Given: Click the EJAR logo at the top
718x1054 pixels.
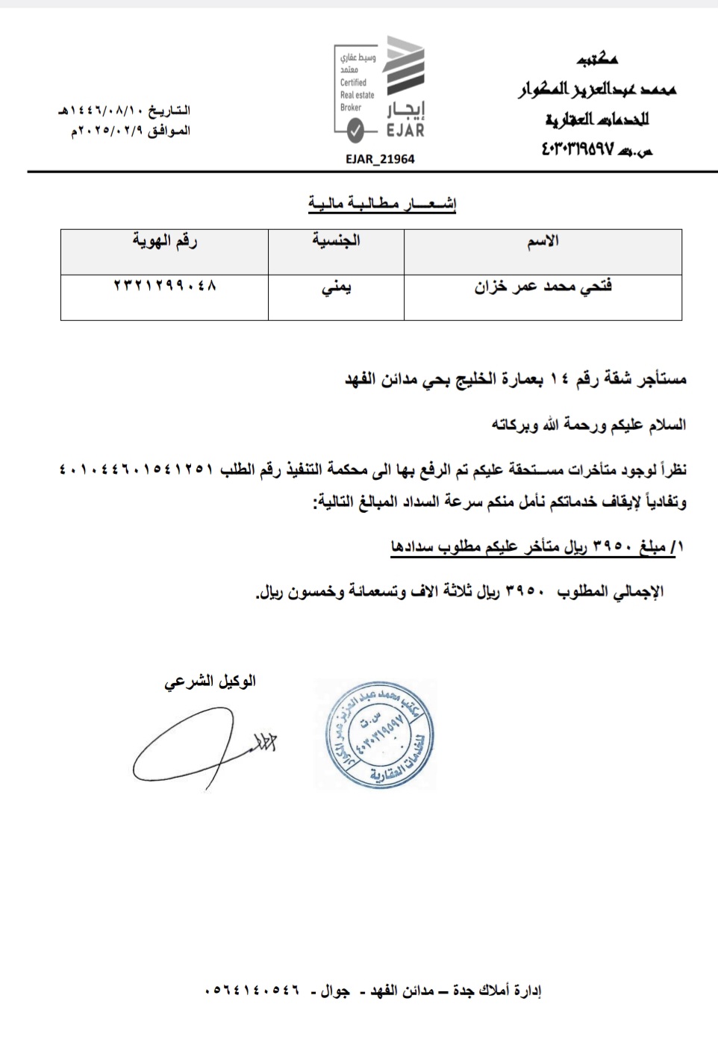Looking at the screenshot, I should [380, 89].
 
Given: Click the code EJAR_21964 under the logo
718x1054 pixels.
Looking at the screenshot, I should [380, 159].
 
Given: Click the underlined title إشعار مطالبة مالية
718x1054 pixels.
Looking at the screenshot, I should [382, 203].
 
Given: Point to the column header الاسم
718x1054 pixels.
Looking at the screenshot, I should [543, 241].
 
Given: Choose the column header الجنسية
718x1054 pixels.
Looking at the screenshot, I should [336, 240].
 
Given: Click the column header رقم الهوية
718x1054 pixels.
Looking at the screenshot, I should [164, 240].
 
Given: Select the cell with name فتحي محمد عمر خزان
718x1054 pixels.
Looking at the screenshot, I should [543, 287].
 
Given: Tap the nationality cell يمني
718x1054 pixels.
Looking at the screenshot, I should [336, 287].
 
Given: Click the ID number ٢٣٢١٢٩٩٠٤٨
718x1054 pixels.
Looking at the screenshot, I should [164, 285].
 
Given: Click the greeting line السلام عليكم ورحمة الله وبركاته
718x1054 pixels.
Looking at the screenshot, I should [588, 425].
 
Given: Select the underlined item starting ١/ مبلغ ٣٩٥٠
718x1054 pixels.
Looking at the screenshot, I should [536, 547].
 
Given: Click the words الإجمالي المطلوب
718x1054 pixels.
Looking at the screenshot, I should [610, 592].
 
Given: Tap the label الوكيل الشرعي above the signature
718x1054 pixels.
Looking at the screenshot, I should [210, 681].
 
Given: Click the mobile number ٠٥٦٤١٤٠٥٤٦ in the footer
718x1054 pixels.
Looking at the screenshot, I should [252, 990].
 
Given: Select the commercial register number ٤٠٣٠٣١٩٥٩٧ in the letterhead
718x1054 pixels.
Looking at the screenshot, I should [578, 150].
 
